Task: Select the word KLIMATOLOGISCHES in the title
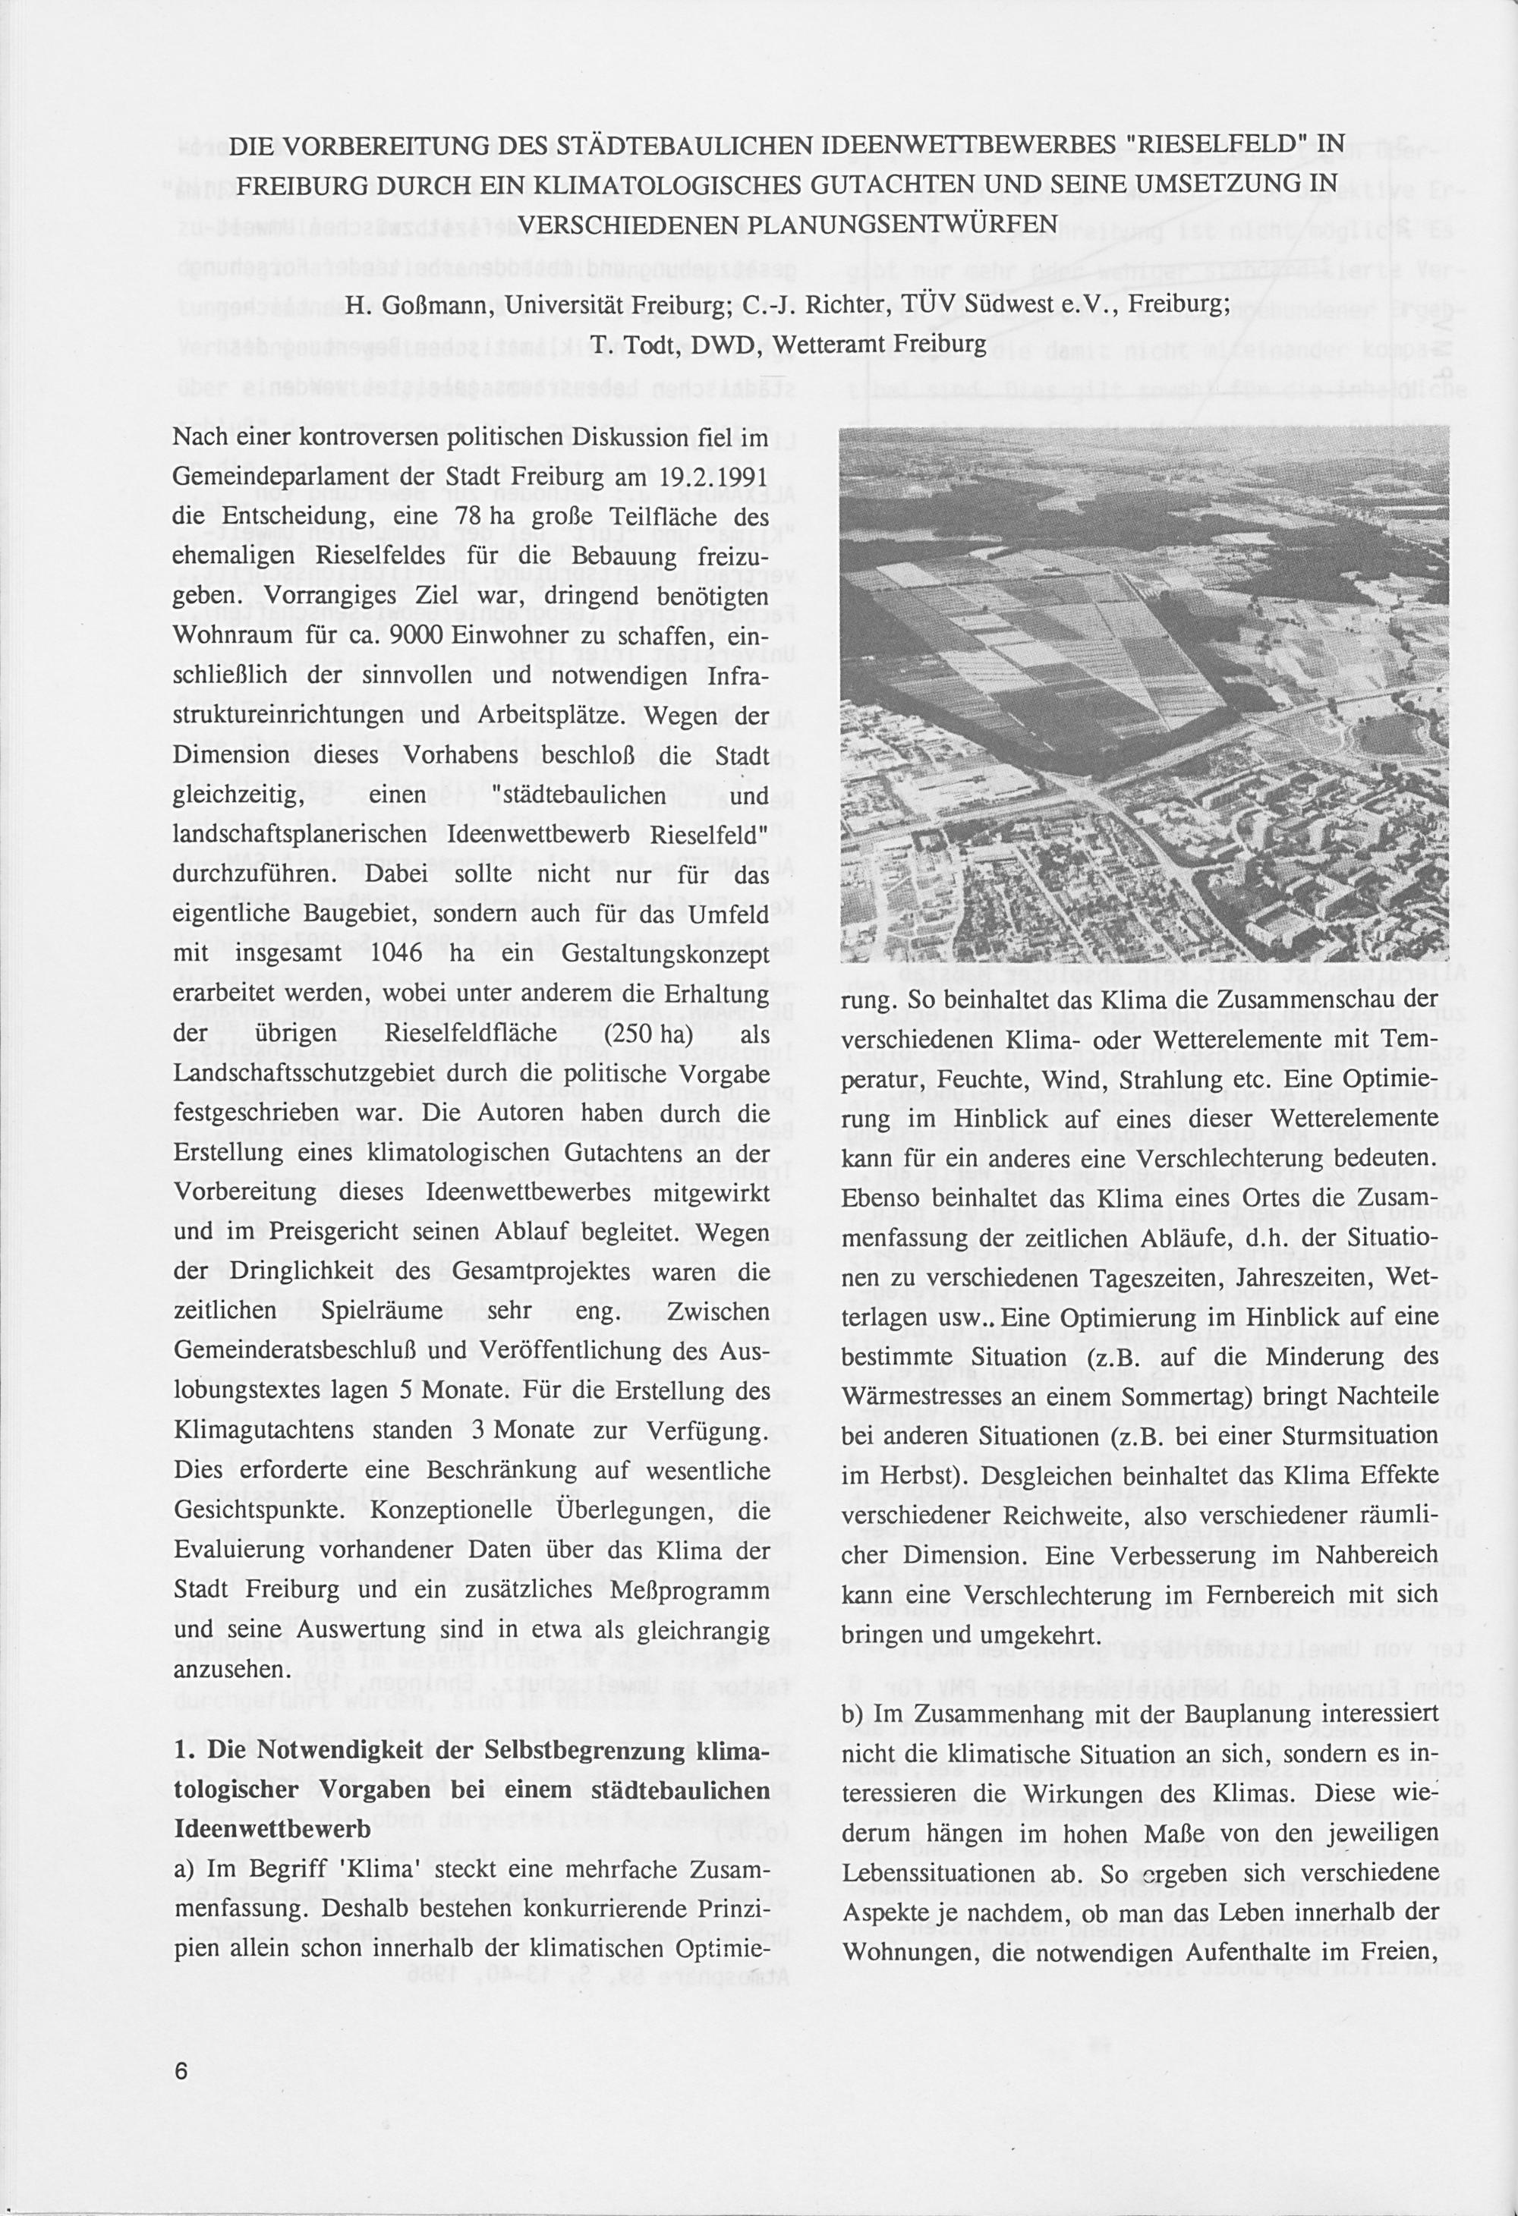click(x=698, y=183)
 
